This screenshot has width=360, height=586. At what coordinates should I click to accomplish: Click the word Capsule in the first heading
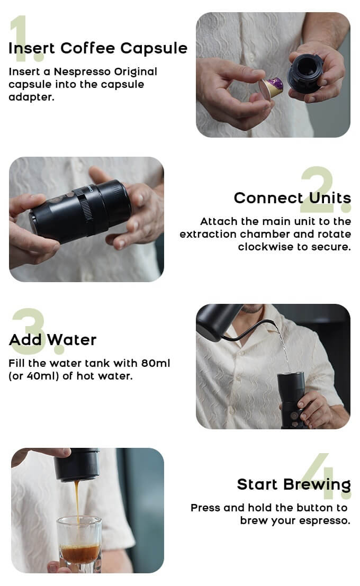154,49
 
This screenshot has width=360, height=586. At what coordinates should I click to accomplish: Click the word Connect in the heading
268,198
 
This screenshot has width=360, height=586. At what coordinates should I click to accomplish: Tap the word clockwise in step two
267,247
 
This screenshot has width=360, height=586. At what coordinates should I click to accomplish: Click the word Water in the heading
71,340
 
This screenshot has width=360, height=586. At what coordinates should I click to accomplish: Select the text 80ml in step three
156,363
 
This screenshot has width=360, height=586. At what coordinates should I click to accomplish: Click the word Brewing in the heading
317,485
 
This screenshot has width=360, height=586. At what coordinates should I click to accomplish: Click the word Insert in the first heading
32,49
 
